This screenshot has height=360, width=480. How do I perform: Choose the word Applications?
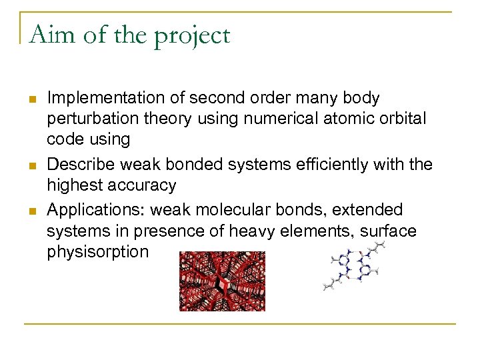pyautogui.click(x=97, y=211)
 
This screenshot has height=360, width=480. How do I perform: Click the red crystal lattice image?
pyautogui.click(x=222, y=281)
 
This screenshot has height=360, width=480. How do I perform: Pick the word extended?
pyautogui.click(x=367, y=209)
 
